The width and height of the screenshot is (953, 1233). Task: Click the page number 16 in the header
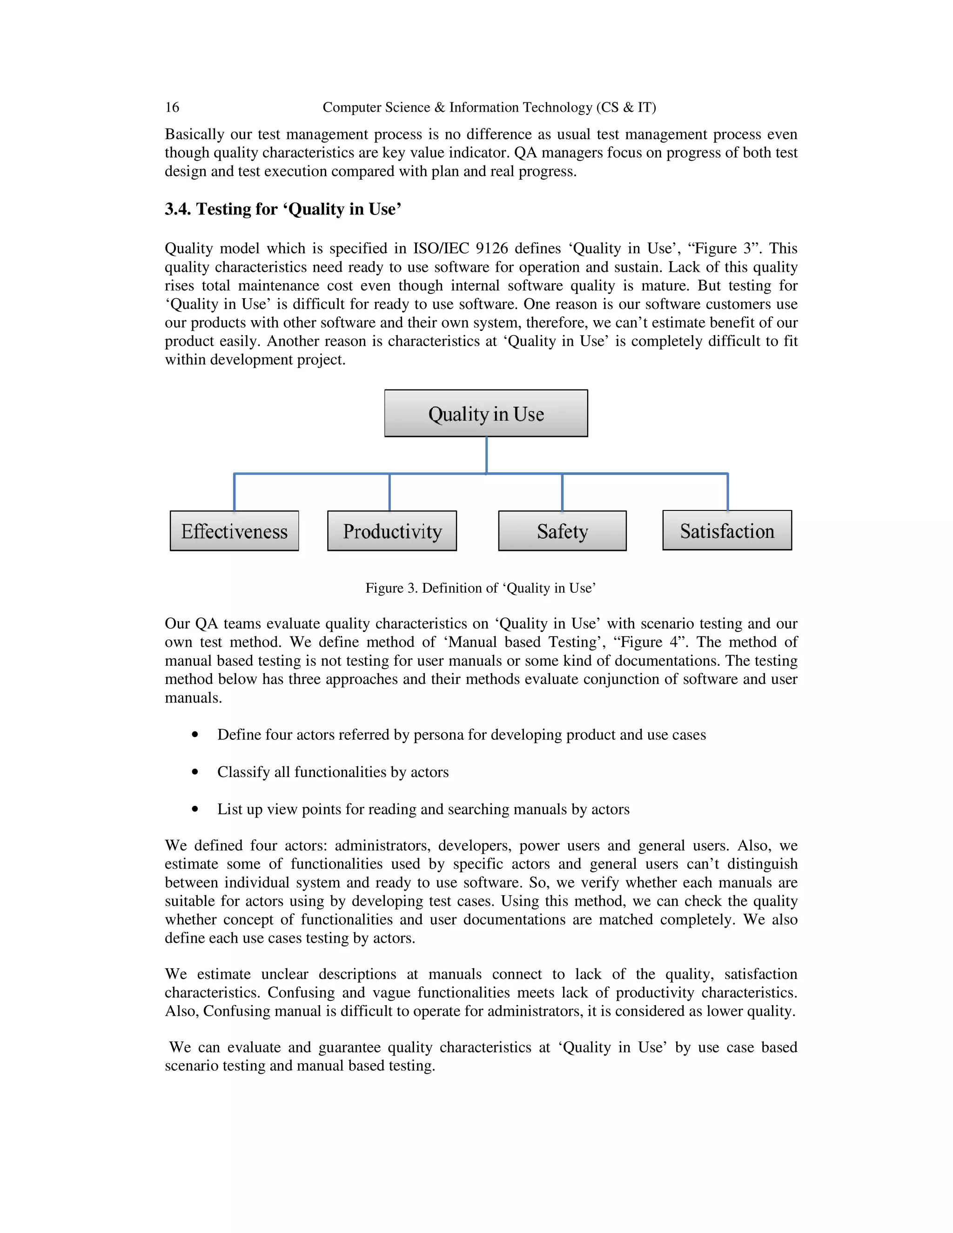point(172,107)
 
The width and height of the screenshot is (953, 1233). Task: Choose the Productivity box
point(392,531)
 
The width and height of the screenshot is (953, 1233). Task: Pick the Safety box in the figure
point(562,531)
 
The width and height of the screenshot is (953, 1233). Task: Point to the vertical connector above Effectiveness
point(235,492)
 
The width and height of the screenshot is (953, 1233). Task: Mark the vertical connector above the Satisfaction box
point(727,492)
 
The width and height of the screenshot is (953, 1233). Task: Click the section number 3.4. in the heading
point(178,209)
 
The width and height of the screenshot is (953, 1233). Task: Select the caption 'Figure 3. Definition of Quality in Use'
point(480,588)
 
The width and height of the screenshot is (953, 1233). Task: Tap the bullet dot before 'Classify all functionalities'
point(195,772)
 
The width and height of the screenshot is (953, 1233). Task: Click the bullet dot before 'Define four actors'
point(195,735)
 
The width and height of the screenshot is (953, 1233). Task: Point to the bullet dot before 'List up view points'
point(195,809)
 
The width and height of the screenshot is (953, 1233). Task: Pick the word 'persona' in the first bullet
point(438,735)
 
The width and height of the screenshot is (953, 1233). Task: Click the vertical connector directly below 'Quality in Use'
point(486,455)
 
